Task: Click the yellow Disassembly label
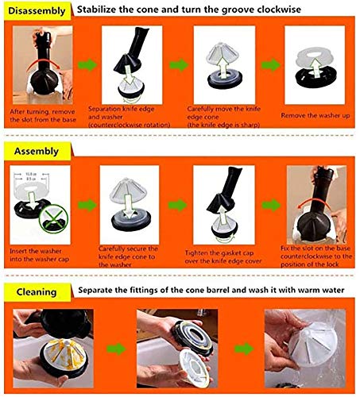click(36, 10)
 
